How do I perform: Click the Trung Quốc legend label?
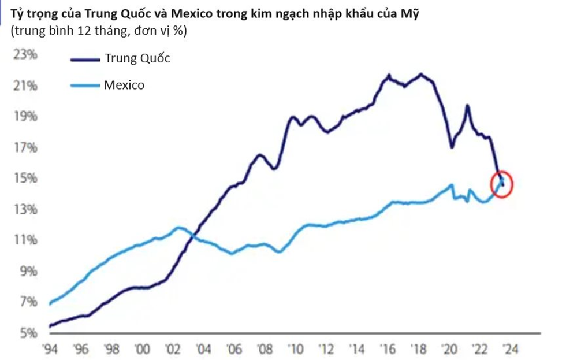(137, 58)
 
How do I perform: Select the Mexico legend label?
(124, 86)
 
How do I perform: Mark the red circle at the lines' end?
(501, 184)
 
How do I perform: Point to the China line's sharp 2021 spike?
(467, 106)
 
